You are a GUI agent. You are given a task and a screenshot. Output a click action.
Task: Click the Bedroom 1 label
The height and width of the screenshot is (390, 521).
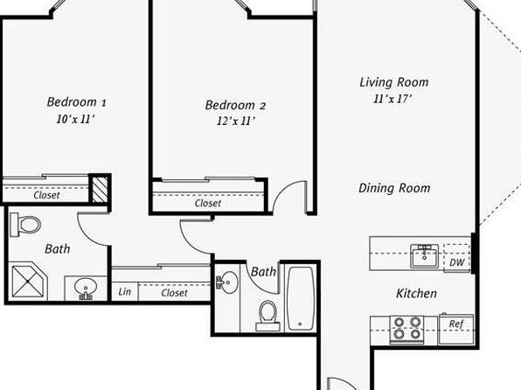point(76,101)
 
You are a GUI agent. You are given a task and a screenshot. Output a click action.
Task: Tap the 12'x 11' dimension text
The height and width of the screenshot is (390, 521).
point(236,121)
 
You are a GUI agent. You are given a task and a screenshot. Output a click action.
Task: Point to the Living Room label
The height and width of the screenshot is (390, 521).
point(394,82)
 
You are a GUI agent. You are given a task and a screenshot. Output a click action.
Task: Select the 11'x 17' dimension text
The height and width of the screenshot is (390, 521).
point(392,99)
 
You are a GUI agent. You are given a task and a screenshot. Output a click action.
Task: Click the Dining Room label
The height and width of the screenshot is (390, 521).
point(394,188)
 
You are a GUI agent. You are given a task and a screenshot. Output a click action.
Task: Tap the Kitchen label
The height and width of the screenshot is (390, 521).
point(416,293)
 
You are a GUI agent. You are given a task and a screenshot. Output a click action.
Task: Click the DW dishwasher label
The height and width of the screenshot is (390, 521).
point(457,262)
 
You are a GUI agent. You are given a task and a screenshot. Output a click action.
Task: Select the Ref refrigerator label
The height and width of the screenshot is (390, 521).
point(456,324)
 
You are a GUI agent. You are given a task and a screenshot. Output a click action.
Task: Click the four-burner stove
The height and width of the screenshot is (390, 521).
point(407,329)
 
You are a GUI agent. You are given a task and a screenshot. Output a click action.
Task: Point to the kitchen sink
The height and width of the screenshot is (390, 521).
point(424,256)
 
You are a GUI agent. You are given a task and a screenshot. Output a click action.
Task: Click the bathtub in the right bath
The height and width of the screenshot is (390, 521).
point(301,298)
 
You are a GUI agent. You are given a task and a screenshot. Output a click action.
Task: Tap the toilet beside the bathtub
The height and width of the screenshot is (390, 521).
point(267,316)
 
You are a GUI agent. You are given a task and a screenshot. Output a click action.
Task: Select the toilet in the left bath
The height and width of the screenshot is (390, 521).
point(25,225)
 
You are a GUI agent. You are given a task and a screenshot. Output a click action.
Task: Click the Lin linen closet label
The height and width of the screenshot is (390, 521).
point(125,292)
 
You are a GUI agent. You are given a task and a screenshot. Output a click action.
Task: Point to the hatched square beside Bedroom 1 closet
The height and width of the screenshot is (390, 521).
point(100,189)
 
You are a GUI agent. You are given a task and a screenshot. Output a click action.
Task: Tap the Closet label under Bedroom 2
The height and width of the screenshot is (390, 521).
point(208,203)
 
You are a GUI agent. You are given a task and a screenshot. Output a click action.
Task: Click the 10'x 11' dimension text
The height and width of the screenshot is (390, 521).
point(76,119)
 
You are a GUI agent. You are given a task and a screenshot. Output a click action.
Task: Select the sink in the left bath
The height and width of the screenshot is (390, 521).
point(86,288)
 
